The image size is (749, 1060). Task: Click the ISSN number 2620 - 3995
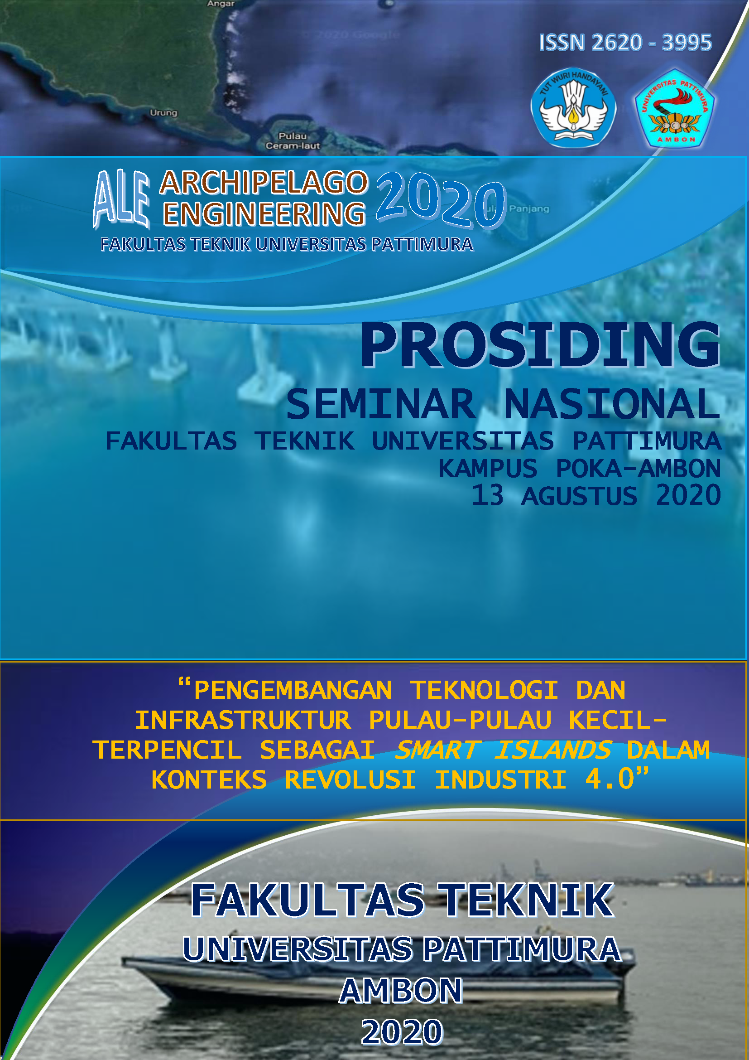click(x=625, y=43)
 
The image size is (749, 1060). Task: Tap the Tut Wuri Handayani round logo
click(x=573, y=108)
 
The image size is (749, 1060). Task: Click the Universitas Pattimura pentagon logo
click(x=675, y=109)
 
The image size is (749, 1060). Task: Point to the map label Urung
click(x=163, y=113)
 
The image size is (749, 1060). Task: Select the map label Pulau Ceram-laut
click(x=293, y=141)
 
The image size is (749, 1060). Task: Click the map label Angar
click(x=221, y=4)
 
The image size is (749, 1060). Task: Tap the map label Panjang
click(x=529, y=208)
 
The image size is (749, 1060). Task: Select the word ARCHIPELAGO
click(x=264, y=182)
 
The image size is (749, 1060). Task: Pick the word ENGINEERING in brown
click(x=264, y=214)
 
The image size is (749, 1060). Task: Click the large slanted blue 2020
click(x=441, y=201)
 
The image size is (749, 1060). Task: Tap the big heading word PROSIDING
click(x=540, y=345)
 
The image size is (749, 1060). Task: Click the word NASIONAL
click(x=611, y=404)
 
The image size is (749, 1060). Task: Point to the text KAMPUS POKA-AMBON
click(x=579, y=469)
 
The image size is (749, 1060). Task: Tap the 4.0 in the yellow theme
click(x=610, y=779)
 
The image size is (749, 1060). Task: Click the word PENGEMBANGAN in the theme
click(x=293, y=691)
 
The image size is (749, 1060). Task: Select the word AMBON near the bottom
click(x=401, y=991)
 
